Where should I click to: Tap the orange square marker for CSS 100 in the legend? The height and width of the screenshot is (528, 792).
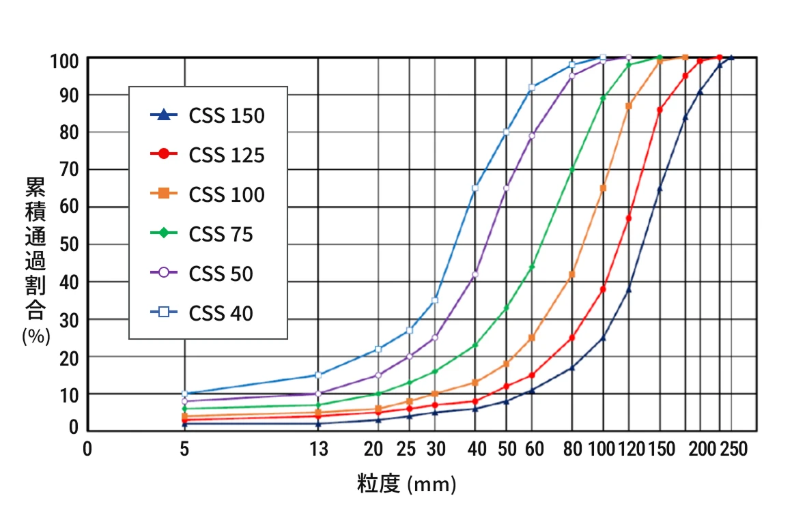164,194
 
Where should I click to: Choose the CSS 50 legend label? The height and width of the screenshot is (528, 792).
221,274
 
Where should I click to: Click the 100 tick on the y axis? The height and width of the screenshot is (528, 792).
66,61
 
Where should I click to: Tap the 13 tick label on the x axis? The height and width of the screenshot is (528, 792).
319,449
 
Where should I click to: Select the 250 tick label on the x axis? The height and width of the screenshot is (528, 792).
733,449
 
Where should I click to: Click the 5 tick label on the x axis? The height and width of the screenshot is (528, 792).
184,449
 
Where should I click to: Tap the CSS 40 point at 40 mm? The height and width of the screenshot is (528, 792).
475,188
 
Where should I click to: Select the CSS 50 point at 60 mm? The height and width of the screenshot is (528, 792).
532,136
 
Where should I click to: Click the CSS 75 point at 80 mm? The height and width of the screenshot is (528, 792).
572,169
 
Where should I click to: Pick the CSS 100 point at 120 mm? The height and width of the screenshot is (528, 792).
629,106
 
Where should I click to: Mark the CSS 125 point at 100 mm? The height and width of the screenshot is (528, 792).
603,289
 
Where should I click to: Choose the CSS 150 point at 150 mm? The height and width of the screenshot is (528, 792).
660,189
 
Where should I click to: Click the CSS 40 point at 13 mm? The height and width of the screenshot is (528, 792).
318,375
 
